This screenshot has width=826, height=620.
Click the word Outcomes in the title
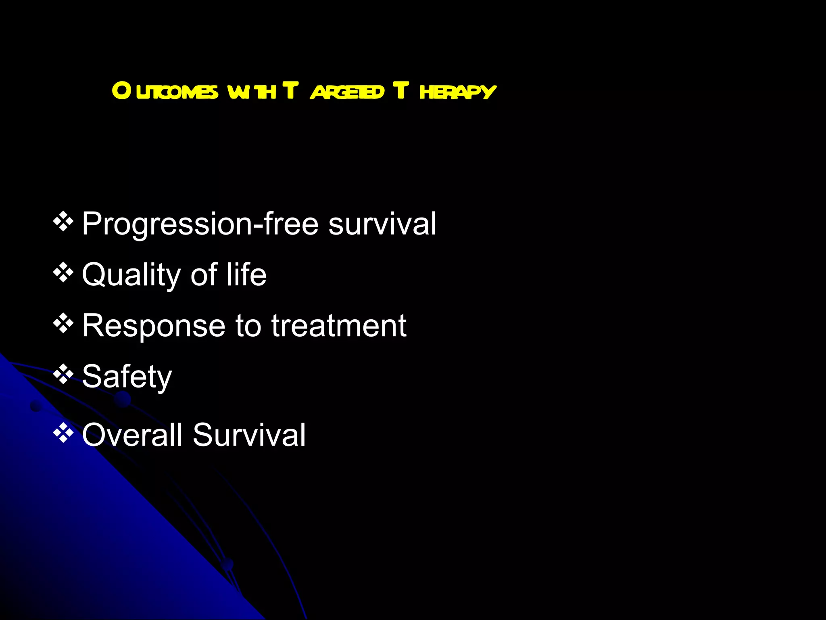165,91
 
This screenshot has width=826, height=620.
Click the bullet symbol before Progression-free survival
63,222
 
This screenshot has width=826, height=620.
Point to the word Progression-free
200,224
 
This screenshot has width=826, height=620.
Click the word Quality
131,275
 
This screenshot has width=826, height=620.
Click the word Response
153,326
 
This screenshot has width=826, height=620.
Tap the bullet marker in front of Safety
63,374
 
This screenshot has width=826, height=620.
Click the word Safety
127,377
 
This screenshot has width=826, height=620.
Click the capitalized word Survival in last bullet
249,435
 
